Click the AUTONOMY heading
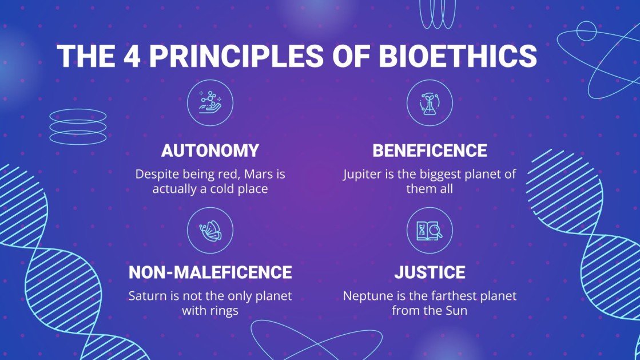pos(210,151)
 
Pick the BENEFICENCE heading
pos(430,151)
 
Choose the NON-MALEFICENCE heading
pos(210,272)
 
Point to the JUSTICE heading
pos(430,272)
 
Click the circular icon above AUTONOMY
pos(210,102)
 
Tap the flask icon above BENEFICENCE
pos(430,102)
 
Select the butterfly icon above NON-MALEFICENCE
pos(210,230)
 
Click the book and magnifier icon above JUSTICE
pos(430,230)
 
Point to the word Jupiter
pos(363,174)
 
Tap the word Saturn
pos(146,296)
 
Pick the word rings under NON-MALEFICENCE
pos(224,311)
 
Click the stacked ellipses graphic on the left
pos(78,126)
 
